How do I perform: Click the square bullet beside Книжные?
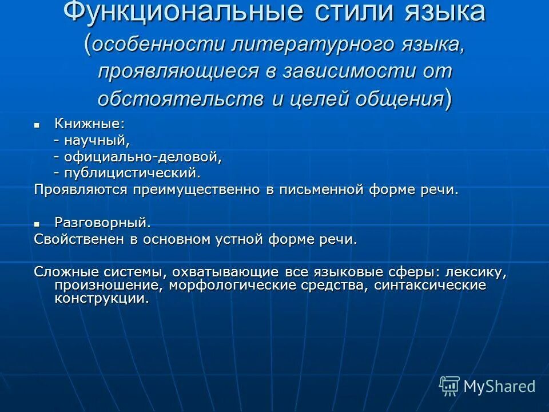[37, 124]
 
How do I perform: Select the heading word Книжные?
[89, 124]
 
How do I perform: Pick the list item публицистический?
[132, 172]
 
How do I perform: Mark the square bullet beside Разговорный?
[37, 223]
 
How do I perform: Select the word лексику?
[472, 272]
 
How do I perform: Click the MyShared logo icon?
[449, 386]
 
